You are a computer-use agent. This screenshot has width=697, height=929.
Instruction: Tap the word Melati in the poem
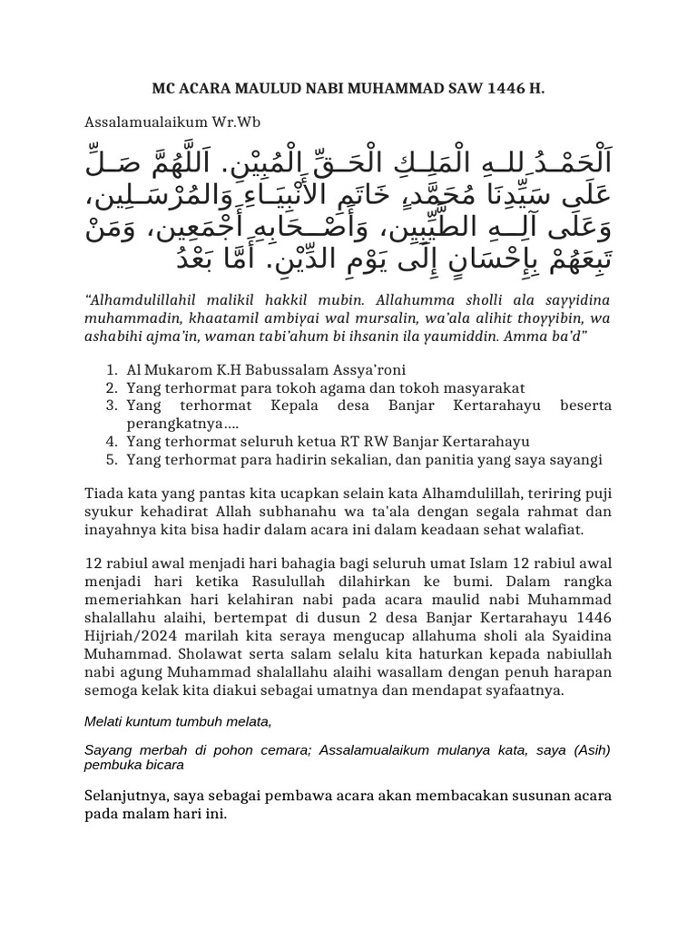coord(104,722)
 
